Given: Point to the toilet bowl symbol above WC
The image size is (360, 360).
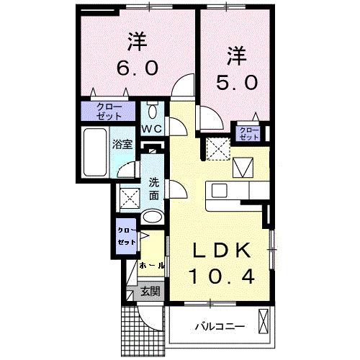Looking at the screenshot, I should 151,111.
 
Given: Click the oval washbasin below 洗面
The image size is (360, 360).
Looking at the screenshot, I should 151,217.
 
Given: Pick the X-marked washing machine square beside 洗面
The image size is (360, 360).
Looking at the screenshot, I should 130,196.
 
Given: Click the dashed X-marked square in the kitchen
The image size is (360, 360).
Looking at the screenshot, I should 216,150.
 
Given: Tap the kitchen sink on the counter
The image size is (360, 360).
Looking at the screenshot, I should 219,192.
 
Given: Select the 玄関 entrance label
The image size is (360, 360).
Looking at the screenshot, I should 150,292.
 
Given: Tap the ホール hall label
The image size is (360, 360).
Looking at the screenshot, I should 151,265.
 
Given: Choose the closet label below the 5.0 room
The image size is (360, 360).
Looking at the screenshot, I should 250,132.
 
